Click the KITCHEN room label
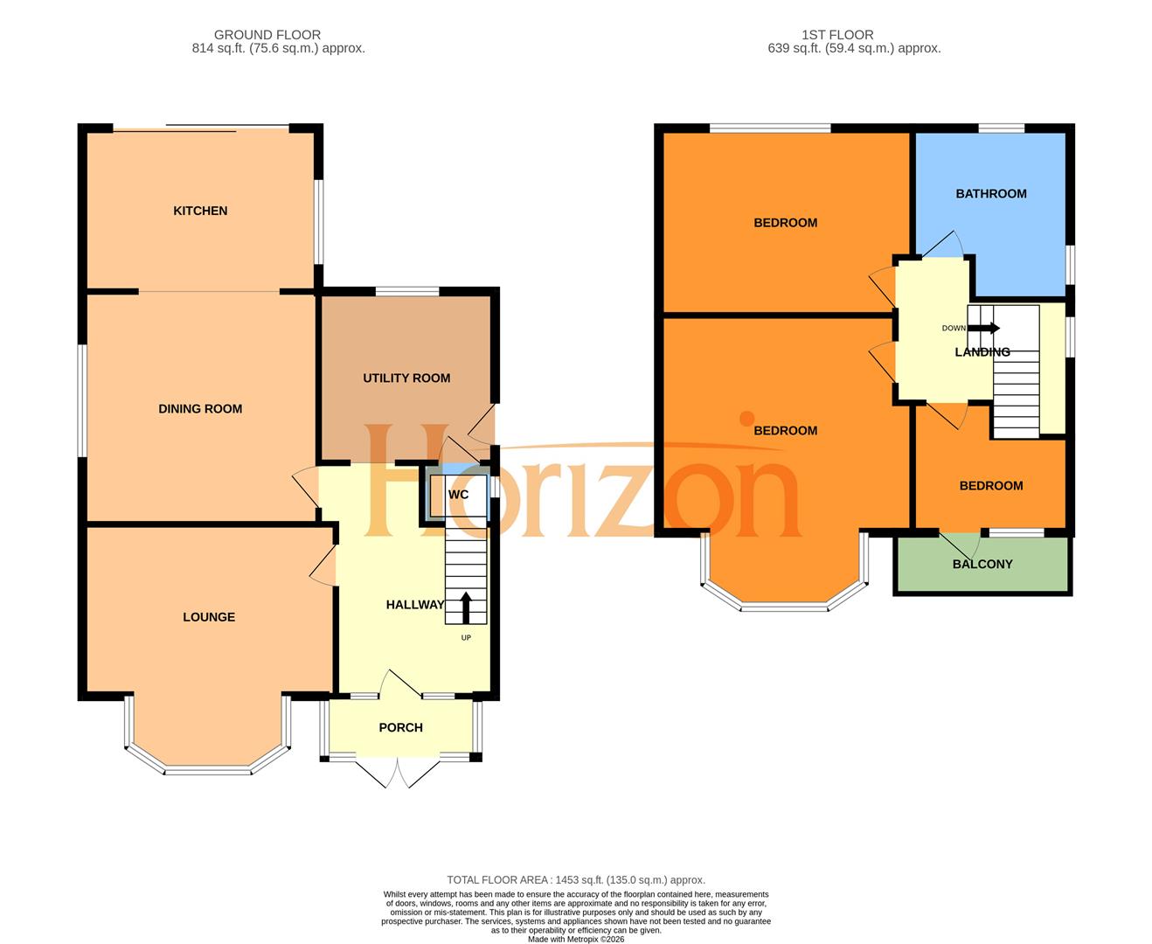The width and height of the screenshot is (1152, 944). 200,211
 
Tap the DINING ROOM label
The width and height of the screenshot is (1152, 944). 200,409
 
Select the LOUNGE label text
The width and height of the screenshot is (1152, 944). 209,617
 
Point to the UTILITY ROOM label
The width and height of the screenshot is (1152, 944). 406,378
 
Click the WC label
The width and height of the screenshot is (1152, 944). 458,495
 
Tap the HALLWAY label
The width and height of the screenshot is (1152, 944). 415,605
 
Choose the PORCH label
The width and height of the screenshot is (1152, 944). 400,727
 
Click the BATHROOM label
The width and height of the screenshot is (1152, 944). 990,194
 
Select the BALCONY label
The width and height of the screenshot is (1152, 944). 982,565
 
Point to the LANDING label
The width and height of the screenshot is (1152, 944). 982,352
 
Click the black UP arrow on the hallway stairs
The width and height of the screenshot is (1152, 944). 466,607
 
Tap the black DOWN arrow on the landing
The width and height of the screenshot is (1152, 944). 983,329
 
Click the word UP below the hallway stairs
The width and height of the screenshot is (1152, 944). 466,638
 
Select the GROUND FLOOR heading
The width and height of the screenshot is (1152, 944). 267,35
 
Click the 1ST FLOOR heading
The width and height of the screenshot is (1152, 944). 837,35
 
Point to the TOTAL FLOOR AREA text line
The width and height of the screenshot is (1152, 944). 576,880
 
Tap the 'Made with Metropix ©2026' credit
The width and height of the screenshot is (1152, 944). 576,940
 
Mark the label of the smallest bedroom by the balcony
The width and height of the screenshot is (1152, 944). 990,486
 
